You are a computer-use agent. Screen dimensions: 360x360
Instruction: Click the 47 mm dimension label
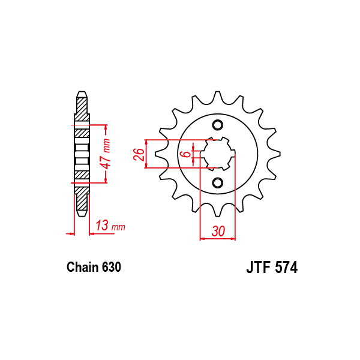[107, 154]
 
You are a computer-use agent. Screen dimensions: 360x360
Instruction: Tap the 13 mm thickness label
[110, 225]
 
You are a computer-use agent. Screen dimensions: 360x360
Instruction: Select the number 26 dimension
[139, 154]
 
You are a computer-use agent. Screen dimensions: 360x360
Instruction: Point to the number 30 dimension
[218, 231]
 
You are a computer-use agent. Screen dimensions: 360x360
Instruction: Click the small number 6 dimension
[187, 154]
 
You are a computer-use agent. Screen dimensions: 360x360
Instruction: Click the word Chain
[83, 267]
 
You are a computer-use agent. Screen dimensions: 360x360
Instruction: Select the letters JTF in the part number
[259, 267]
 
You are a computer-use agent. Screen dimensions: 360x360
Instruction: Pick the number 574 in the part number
[286, 267]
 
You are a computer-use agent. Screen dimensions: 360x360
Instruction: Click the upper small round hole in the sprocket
[217, 125]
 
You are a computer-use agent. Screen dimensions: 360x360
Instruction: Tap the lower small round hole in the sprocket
[217, 183]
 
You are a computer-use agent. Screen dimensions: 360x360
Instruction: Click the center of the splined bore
[218, 154]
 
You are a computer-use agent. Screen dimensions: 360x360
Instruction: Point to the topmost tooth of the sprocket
[217, 97]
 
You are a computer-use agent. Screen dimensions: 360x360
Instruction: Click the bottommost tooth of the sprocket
[217, 211]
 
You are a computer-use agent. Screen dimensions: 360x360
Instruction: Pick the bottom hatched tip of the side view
[82, 202]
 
